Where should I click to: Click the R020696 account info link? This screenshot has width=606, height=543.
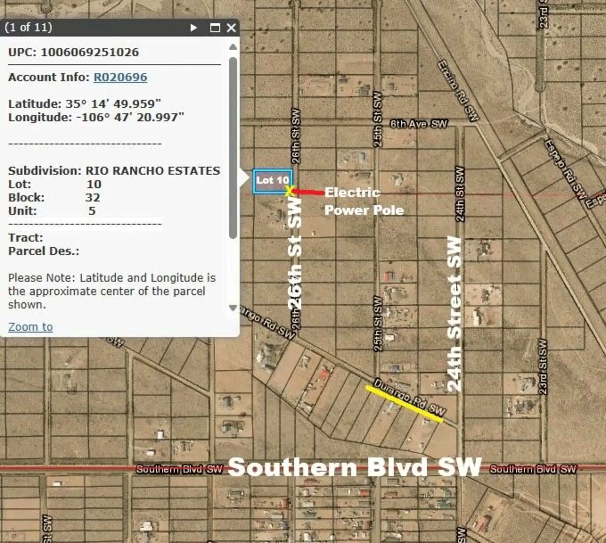pos(120,77)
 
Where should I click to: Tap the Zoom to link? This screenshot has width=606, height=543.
pos(30,327)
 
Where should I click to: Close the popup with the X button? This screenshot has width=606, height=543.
pos(231,28)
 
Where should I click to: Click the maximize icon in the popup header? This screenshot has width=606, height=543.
pos(215,28)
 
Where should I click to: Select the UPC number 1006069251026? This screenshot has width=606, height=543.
pos(90,52)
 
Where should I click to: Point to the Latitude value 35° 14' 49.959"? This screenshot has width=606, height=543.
pos(113,104)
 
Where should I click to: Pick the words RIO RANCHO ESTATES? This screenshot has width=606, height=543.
pos(153,171)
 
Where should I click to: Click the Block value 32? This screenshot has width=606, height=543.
pos(92,198)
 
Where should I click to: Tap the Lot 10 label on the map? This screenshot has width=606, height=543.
pos(272,180)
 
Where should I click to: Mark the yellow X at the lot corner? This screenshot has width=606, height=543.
pos(289,191)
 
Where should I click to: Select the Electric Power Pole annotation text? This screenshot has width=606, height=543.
pos(364,201)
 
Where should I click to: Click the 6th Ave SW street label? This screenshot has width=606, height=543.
pos(418,124)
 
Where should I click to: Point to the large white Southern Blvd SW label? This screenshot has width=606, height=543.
pos(355,467)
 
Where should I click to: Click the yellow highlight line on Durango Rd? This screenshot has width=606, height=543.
pos(404,404)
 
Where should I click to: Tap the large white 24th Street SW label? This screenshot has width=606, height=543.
pos(454,314)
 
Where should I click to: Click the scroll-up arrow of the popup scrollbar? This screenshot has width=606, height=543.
pos(233,47)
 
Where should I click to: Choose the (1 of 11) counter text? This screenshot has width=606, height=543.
pos(28,28)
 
